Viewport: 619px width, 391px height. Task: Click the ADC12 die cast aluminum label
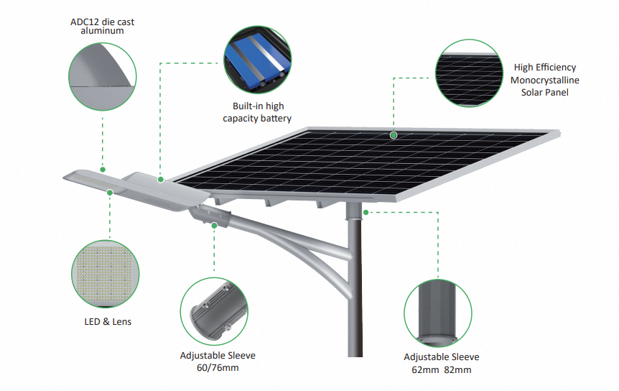coord(102,26)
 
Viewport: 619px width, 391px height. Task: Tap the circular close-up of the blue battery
coord(257,60)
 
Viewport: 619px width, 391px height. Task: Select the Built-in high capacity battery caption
coord(257,112)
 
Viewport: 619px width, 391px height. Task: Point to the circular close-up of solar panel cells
coord(469,73)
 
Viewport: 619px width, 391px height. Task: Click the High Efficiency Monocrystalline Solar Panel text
coord(545,80)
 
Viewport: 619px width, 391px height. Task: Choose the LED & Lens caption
coord(108,321)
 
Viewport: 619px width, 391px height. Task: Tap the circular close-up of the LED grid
coord(106,274)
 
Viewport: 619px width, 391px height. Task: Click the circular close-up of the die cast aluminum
coord(102,77)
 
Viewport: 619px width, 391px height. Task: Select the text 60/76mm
coord(218,368)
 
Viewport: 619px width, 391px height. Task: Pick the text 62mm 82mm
coord(442,369)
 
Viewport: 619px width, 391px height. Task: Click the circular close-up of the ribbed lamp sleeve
coord(215,311)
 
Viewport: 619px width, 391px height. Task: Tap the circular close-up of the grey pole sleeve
coord(438,313)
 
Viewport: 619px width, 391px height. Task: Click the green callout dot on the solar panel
coord(394,135)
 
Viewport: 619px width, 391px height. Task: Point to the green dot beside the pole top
coord(366,213)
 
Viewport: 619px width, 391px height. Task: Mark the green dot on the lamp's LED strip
coord(110,193)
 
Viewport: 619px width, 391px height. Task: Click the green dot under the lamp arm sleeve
coord(215,226)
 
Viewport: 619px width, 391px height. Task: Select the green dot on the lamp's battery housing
coord(161,180)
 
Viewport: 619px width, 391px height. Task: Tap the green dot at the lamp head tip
coord(103,170)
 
